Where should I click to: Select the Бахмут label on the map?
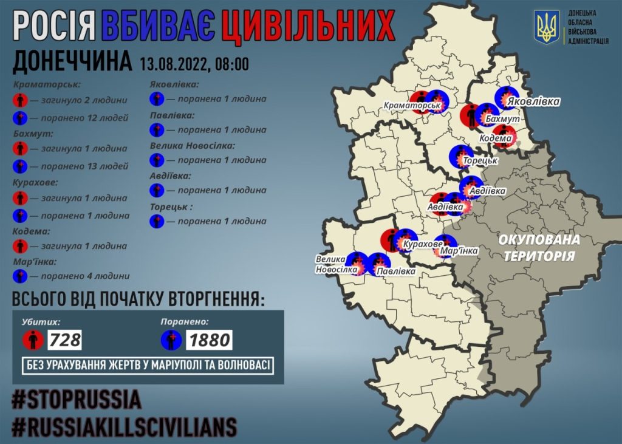502,120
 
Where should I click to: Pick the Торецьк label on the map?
480,162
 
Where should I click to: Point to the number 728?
66,340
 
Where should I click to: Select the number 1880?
210,340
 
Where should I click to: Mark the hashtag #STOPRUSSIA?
77,399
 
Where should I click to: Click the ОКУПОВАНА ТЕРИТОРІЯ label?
538,247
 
